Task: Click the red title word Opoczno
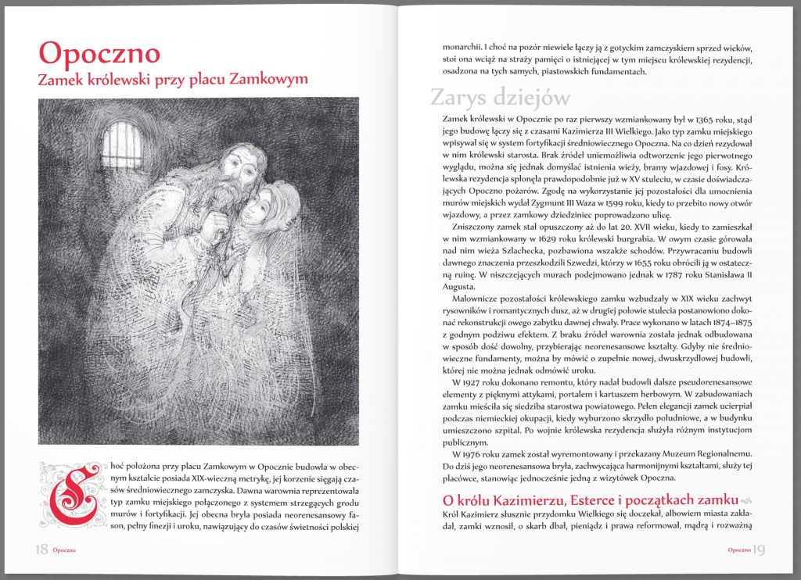point(99,52)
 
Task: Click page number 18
point(40,550)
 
